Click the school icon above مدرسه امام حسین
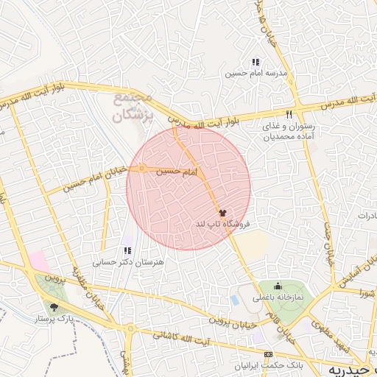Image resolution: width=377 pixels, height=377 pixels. pyautogui.click(x=256, y=62)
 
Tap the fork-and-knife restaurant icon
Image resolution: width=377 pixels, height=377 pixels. pyautogui.click(x=289, y=114)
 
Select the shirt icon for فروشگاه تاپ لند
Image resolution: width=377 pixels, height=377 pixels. pyautogui.click(x=222, y=211)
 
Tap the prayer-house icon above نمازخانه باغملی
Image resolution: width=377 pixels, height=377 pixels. pyautogui.click(x=278, y=286)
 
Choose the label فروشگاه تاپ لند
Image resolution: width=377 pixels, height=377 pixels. pyautogui.click(x=223, y=222)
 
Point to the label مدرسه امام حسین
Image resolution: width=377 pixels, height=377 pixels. pyautogui.click(x=256, y=74)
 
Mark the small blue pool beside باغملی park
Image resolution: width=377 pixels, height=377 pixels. pyautogui.click(x=235, y=300)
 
